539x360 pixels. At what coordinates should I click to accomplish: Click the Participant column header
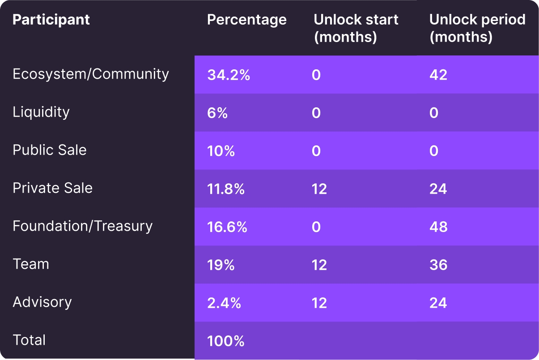51,20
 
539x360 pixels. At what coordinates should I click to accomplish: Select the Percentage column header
246,20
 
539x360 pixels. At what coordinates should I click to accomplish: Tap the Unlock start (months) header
356,28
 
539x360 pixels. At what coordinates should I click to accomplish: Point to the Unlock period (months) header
477,28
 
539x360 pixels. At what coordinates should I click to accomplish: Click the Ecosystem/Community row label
91,74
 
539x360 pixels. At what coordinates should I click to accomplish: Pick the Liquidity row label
41,112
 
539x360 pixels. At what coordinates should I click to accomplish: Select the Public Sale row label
50,150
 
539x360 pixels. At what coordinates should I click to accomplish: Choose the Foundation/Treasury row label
83,226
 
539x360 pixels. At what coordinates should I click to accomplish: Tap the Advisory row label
42,302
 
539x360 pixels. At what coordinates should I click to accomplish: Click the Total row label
29,340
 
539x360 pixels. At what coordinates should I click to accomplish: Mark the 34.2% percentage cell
229,75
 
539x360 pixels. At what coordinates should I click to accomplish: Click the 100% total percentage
226,341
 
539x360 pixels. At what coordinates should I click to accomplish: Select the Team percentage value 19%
221,265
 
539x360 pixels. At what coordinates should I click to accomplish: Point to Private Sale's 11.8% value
226,189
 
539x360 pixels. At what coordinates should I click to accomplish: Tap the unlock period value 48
438,227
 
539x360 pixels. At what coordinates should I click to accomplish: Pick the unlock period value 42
438,75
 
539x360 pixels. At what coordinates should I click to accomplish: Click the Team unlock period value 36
438,265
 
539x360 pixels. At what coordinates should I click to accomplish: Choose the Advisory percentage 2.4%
224,303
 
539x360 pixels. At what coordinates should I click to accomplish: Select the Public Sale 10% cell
221,151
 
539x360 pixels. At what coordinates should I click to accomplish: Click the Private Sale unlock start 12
319,189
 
